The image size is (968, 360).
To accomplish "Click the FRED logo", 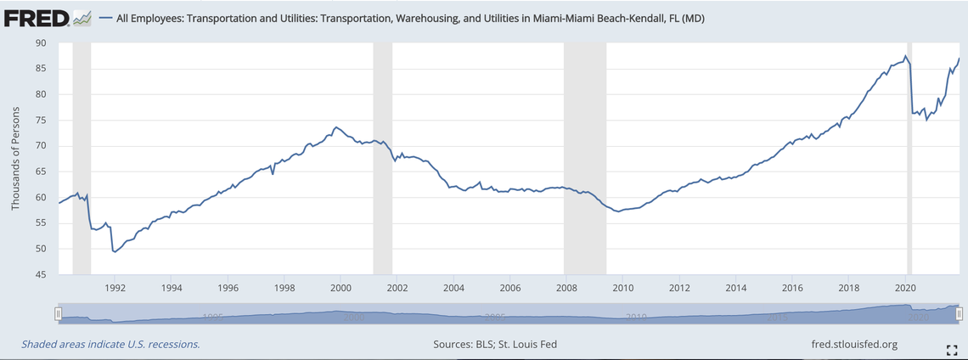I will click(x=47, y=17).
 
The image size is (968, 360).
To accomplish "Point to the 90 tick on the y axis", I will click(x=41, y=42).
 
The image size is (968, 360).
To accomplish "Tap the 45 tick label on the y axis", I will click(x=41, y=274).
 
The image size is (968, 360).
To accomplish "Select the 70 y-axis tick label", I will click(x=41, y=145).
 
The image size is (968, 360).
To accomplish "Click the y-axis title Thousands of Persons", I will click(x=15, y=159).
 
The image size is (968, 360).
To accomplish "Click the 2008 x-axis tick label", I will click(x=566, y=288).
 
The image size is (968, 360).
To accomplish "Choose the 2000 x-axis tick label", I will click(x=340, y=288).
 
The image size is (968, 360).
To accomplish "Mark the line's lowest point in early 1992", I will click(x=115, y=252).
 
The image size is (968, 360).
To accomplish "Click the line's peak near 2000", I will click(x=337, y=127).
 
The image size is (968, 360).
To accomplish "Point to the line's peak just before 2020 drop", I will click(x=905, y=57).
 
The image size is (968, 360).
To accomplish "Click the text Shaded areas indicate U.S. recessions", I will click(x=110, y=344).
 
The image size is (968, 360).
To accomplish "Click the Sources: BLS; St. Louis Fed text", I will click(x=494, y=344).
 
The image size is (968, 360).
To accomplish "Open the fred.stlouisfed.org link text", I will click(x=854, y=344).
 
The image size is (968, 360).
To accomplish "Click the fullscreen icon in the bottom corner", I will click(x=952, y=350).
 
